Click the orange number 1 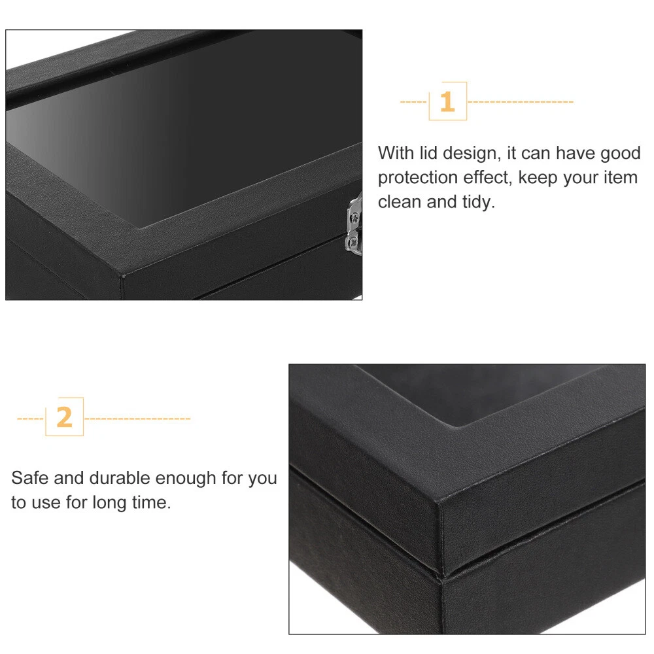447,102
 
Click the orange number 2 64,417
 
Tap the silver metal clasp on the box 354,224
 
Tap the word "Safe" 29,478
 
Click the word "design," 472,154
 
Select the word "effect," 487,178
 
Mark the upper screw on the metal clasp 354,217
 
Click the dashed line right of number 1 521,102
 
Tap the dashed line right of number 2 137,419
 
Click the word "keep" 537,179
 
